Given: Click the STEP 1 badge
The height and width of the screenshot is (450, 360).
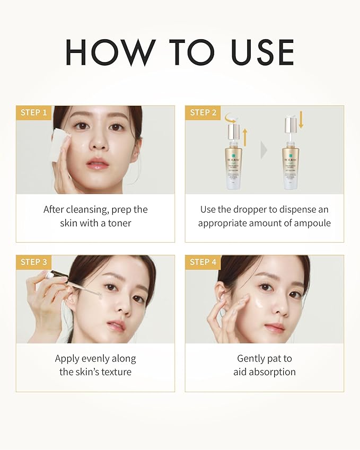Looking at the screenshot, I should [34, 112].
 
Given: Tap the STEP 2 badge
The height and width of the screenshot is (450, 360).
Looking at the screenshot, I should [203, 112].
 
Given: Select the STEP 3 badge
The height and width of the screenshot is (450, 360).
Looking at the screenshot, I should [34, 262].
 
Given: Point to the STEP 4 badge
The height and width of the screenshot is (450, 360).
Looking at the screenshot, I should [203, 262].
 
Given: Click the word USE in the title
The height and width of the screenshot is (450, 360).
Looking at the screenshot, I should [263, 52].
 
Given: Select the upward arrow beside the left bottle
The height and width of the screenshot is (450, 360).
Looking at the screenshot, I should [245, 135].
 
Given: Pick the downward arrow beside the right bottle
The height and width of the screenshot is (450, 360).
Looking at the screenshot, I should [301, 119].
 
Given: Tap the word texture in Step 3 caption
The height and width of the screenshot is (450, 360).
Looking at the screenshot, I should [113, 372].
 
